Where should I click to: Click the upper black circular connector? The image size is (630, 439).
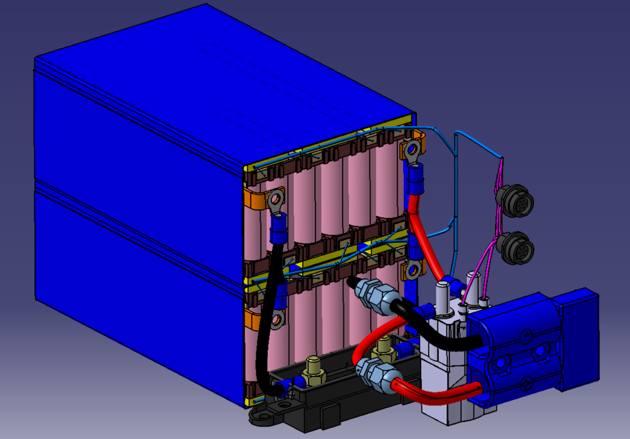509,198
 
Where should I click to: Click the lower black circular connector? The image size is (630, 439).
516,248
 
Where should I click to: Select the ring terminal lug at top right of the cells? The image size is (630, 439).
414,150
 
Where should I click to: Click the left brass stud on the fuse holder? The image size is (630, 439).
315,369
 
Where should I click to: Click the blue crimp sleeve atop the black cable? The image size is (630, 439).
280,228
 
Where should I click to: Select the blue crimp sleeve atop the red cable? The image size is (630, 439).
416,182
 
